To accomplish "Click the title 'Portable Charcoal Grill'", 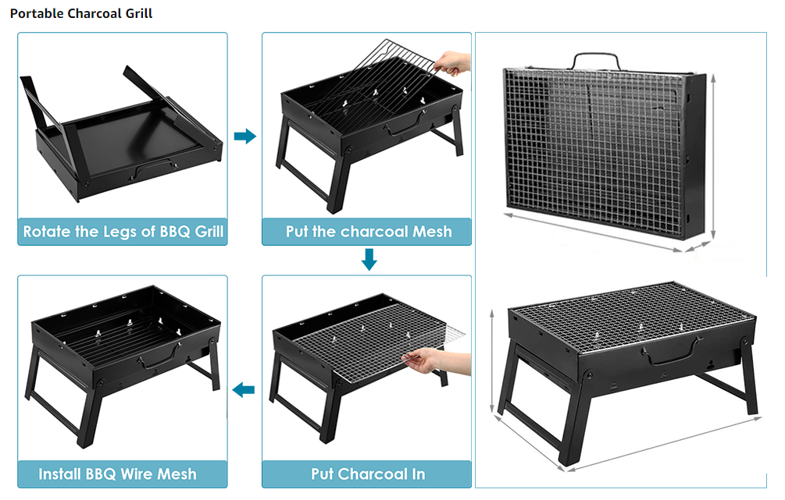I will point(81,14).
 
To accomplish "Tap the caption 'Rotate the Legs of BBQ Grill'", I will point(123,232).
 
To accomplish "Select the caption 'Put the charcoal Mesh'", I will point(369,232).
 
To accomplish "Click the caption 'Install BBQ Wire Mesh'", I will point(118,473).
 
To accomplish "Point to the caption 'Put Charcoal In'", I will point(368,473).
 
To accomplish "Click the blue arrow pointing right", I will point(245,137).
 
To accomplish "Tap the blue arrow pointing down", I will point(369,260).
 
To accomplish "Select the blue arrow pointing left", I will point(245,389).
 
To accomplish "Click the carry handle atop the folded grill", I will point(596,59).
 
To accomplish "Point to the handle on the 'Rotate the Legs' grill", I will point(153,167).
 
